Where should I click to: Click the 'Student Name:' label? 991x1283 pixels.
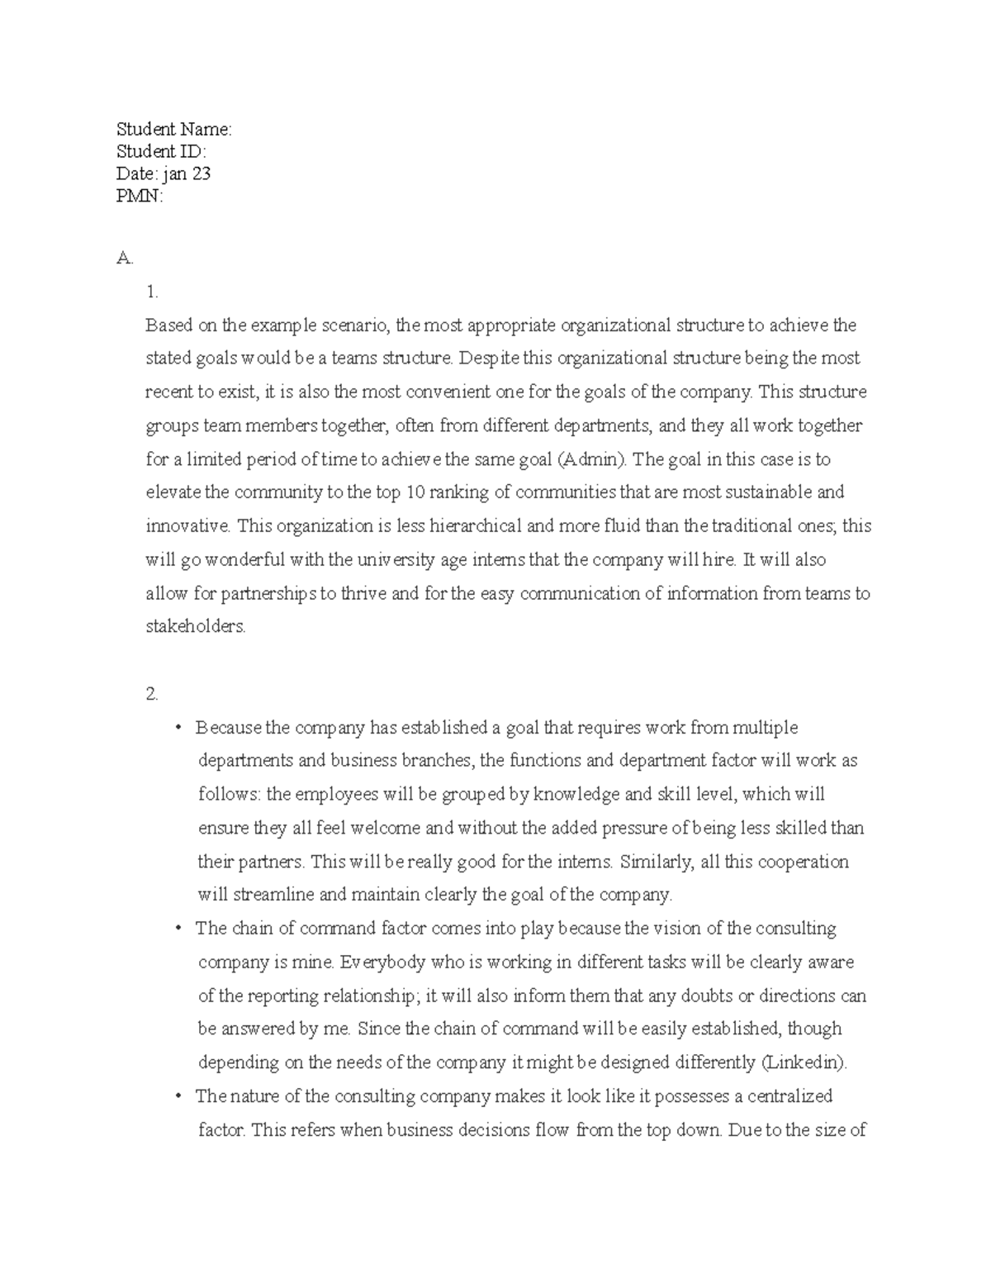tap(174, 129)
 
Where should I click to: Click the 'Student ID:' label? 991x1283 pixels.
tap(161, 151)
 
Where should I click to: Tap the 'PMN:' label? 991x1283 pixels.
tap(140, 196)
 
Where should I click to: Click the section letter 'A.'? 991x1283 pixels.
tap(124, 259)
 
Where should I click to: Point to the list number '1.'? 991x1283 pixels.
tap(151, 292)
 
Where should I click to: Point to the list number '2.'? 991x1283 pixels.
tap(151, 694)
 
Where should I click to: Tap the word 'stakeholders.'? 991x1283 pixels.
tap(196, 626)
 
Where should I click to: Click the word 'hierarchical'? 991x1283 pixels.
tap(472, 526)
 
